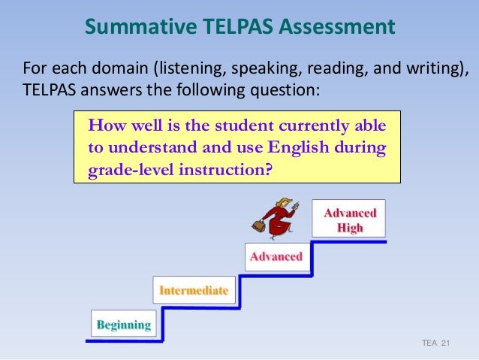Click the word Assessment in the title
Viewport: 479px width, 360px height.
click(x=336, y=28)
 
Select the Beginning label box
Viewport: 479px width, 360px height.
click(x=124, y=325)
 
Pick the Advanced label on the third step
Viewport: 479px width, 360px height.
click(x=276, y=257)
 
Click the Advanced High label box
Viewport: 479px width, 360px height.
click(x=349, y=220)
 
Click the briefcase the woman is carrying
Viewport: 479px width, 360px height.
click(x=258, y=225)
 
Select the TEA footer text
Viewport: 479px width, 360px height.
click(x=429, y=343)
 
